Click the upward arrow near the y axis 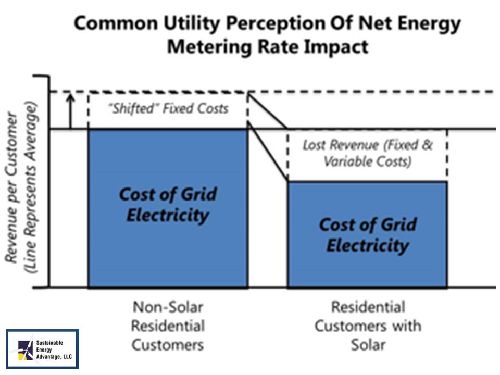[x=71, y=110]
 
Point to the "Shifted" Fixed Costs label [x=168, y=109]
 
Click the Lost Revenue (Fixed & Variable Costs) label [x=367, y=153]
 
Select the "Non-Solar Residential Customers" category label [x=167, y=326]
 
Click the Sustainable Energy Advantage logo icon [x=25, y=349]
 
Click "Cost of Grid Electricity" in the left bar [x=168, y=204]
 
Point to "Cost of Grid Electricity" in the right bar [x=367, y=234]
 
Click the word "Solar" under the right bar [x=368, y=344]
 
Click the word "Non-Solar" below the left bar [x=167, y=306]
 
